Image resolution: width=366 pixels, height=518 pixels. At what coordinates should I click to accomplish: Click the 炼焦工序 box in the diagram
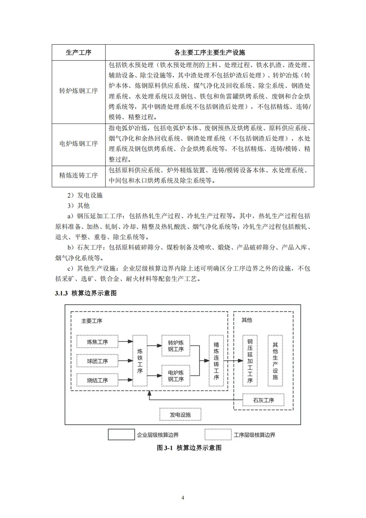(x=97, y=342)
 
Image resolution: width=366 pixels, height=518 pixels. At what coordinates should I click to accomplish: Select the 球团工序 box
(x=97, y=361)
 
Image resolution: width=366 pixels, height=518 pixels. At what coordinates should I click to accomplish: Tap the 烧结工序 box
(x=97, y=380)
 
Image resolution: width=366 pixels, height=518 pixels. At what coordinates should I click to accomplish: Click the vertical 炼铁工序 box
(x=140, y=361)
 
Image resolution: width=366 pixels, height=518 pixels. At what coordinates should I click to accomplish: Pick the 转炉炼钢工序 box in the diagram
(x=176, y=346)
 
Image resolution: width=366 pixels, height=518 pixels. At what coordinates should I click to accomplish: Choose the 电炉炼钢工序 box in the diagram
(x=176, y=376)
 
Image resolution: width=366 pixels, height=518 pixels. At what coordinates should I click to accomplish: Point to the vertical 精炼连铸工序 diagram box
(x=216, y=361)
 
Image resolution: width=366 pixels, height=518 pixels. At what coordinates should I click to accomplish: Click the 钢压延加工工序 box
(x=250, y=361)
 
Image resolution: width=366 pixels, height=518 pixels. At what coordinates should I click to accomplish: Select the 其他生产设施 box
(x=275, y=361)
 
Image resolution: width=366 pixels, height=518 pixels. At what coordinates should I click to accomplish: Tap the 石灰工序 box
(x=263, y=400)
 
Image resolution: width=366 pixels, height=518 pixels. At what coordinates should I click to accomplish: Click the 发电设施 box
(x=180, y=415)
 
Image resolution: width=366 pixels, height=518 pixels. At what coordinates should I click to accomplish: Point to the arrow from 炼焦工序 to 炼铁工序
(x=125, y=342)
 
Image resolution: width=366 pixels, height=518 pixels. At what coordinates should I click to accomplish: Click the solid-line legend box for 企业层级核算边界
(x=121, y=435)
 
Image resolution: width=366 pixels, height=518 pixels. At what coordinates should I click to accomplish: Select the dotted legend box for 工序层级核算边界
(x=218, y=435)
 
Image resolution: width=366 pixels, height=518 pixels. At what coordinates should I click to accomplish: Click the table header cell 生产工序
(x=79, y=52)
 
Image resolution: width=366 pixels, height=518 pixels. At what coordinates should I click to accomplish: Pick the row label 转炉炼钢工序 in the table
(x=79, y=91)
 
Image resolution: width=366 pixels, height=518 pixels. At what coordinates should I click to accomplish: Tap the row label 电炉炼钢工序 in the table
(x=79, y=144)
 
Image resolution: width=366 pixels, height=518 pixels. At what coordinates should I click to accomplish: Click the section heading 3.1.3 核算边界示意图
(x=86, y=293)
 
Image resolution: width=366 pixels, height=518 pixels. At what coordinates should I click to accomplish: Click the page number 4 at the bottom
(x=183, y=497)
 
